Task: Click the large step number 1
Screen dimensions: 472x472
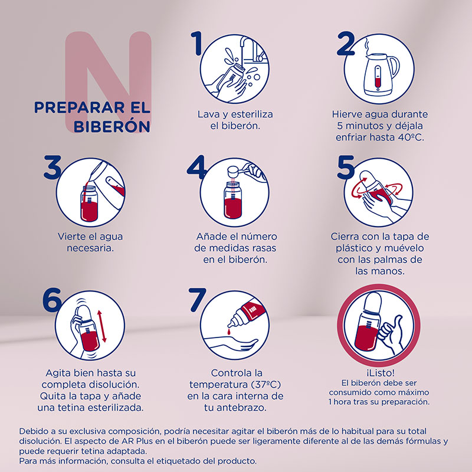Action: [x=197, y=44]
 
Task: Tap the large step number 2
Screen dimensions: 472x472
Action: [x=346, y=44]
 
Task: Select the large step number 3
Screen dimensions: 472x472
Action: [x=53, y=167]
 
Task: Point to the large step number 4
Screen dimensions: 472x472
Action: [x=196, y=167]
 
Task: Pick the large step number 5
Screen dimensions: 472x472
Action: [x=346, y=167]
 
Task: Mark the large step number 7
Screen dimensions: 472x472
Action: [x=197, y=300]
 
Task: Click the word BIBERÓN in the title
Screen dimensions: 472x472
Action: [x=112, y=126]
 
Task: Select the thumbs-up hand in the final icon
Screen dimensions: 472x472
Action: [x=391, y=334]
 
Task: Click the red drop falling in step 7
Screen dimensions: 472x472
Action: [x=230, y=332]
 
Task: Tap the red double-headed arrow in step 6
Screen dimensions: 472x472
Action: [x=101, y=327]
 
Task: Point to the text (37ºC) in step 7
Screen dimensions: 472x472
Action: [x=265, y=385]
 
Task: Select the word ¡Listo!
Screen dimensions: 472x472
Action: [x=380, y=373]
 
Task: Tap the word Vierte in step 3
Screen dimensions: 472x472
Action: [x=71, y=237]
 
